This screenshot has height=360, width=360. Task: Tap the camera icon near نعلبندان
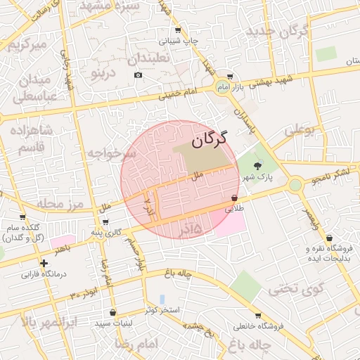pos(138,75)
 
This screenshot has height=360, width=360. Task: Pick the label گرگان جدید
pos(284,32)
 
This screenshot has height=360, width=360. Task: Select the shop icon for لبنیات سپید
pos(112,313)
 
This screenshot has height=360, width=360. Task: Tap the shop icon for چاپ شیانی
pos(178,30)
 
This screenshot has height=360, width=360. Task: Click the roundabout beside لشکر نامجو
pos(295,185)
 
